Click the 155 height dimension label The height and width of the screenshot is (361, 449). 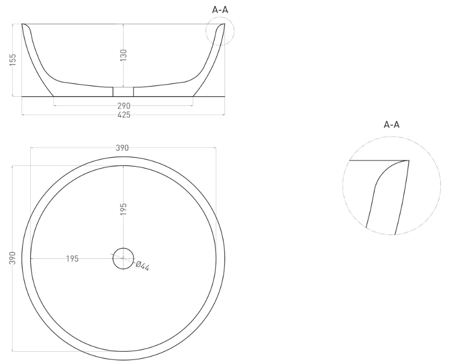point(13,59)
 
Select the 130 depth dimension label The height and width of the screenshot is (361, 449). point(123,55)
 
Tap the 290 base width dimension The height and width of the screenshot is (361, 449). point(124,106)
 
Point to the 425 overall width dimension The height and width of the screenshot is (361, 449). point(124,115)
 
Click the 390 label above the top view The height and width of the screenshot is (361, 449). point(123,148)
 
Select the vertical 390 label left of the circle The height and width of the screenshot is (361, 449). point(13,258)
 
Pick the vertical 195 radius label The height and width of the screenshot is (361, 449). point(123,209)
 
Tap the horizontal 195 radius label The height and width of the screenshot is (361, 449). point(72,259)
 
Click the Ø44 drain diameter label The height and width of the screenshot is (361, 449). point(142,266)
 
